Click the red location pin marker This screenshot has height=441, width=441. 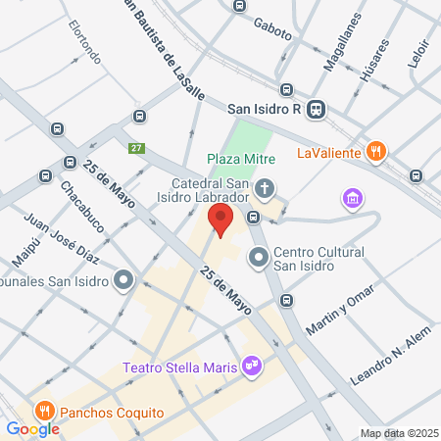point(221,220)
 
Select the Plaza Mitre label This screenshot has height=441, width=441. point(241,159)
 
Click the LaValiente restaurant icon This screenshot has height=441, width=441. point(374,152)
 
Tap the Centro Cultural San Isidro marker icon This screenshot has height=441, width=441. point(259,258)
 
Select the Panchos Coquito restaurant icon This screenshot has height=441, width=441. point(43,413)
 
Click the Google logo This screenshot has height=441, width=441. point(32,428)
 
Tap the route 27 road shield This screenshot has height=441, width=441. point(136,148)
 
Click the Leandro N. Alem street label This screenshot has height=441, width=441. point(392,363)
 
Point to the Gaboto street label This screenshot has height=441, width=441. point(272,28)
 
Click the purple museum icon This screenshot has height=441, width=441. point(352,199)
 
